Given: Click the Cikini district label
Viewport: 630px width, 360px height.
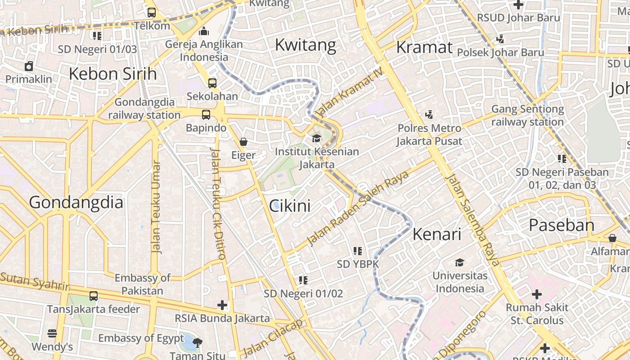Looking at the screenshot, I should (x=290, y=206).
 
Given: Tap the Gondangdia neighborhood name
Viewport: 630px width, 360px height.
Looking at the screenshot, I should (x=76, y=202).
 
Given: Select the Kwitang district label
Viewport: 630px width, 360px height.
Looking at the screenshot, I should (x=305, y=45).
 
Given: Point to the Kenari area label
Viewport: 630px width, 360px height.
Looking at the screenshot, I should (x=437, y=234).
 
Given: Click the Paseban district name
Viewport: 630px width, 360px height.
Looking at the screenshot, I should (x=561, y=225).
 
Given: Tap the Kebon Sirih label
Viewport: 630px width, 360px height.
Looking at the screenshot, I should (x=112, y=73).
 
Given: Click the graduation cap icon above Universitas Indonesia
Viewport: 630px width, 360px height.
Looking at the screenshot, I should (x=459, y=262).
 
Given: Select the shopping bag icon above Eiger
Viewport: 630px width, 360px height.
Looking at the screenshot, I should (x=243, y=142).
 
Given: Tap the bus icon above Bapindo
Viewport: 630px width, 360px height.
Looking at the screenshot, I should (x=206, y=114).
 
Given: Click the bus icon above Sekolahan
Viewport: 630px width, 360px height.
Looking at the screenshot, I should (x=212, y=83).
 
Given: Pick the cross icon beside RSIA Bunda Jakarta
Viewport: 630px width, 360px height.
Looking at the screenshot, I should (x=222, y=305).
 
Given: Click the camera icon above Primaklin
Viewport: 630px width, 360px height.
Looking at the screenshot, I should (x=29, y=67).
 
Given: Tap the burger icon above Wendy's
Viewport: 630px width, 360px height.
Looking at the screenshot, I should (x=52, y=333).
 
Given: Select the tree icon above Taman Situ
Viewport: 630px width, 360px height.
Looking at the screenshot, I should (x=197, y=343).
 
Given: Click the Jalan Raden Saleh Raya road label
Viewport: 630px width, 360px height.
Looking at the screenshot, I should (x=358, y=208).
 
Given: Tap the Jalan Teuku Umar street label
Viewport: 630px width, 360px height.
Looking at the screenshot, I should (x=156, y=207).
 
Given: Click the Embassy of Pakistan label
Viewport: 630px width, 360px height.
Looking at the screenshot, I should (x=142, y=284).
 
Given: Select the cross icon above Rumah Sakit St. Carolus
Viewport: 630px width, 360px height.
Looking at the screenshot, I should (x=536, y=295).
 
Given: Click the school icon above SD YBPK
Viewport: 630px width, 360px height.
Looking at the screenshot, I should (x=358, y=251).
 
